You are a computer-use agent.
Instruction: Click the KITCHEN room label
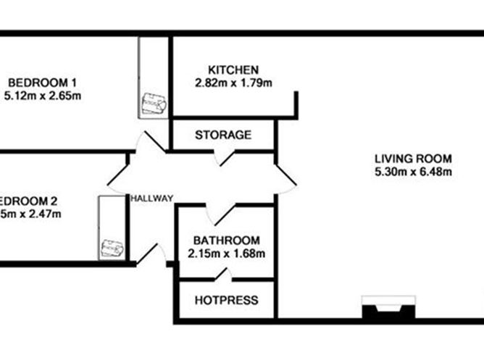pyautogui.click(x=233, y=70)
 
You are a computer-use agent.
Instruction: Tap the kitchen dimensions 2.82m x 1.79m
pyautogui.click(x=233, y=83)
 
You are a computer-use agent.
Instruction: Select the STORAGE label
pyautogui.click(x=223, y=135)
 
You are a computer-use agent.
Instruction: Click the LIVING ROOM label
pyautogui.click(x=413, y=159)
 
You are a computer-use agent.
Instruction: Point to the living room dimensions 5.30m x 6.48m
pyautogui.click(x=413, y=172)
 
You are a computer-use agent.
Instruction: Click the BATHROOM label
pyautogui.click(x=226, y=241)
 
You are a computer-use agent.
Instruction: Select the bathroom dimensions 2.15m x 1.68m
pyautogui.click(x=226, y=254)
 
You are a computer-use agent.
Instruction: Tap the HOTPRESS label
pyautogui.click(x=226, y=300)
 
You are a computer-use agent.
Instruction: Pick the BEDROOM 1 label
pyautogui.click(x=41, y=81)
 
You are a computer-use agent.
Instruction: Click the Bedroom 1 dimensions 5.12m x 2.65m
pyautogui.click(x=41, y=95)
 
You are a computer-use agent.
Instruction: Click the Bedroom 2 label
pyautogui.click(x=29, y=201)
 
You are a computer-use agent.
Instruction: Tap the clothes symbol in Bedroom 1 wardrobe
pyautogui.click(x=154, y=104)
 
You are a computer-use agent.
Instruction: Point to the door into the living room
pyautogui.click(x=284, y=177)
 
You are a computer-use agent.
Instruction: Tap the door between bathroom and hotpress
pyautogui.click(x=222, y=275)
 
